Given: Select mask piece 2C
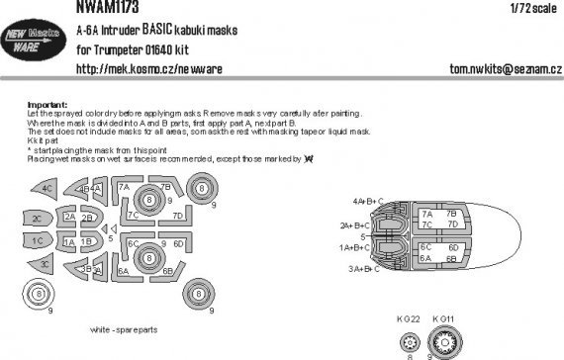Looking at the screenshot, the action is (37, 218).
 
